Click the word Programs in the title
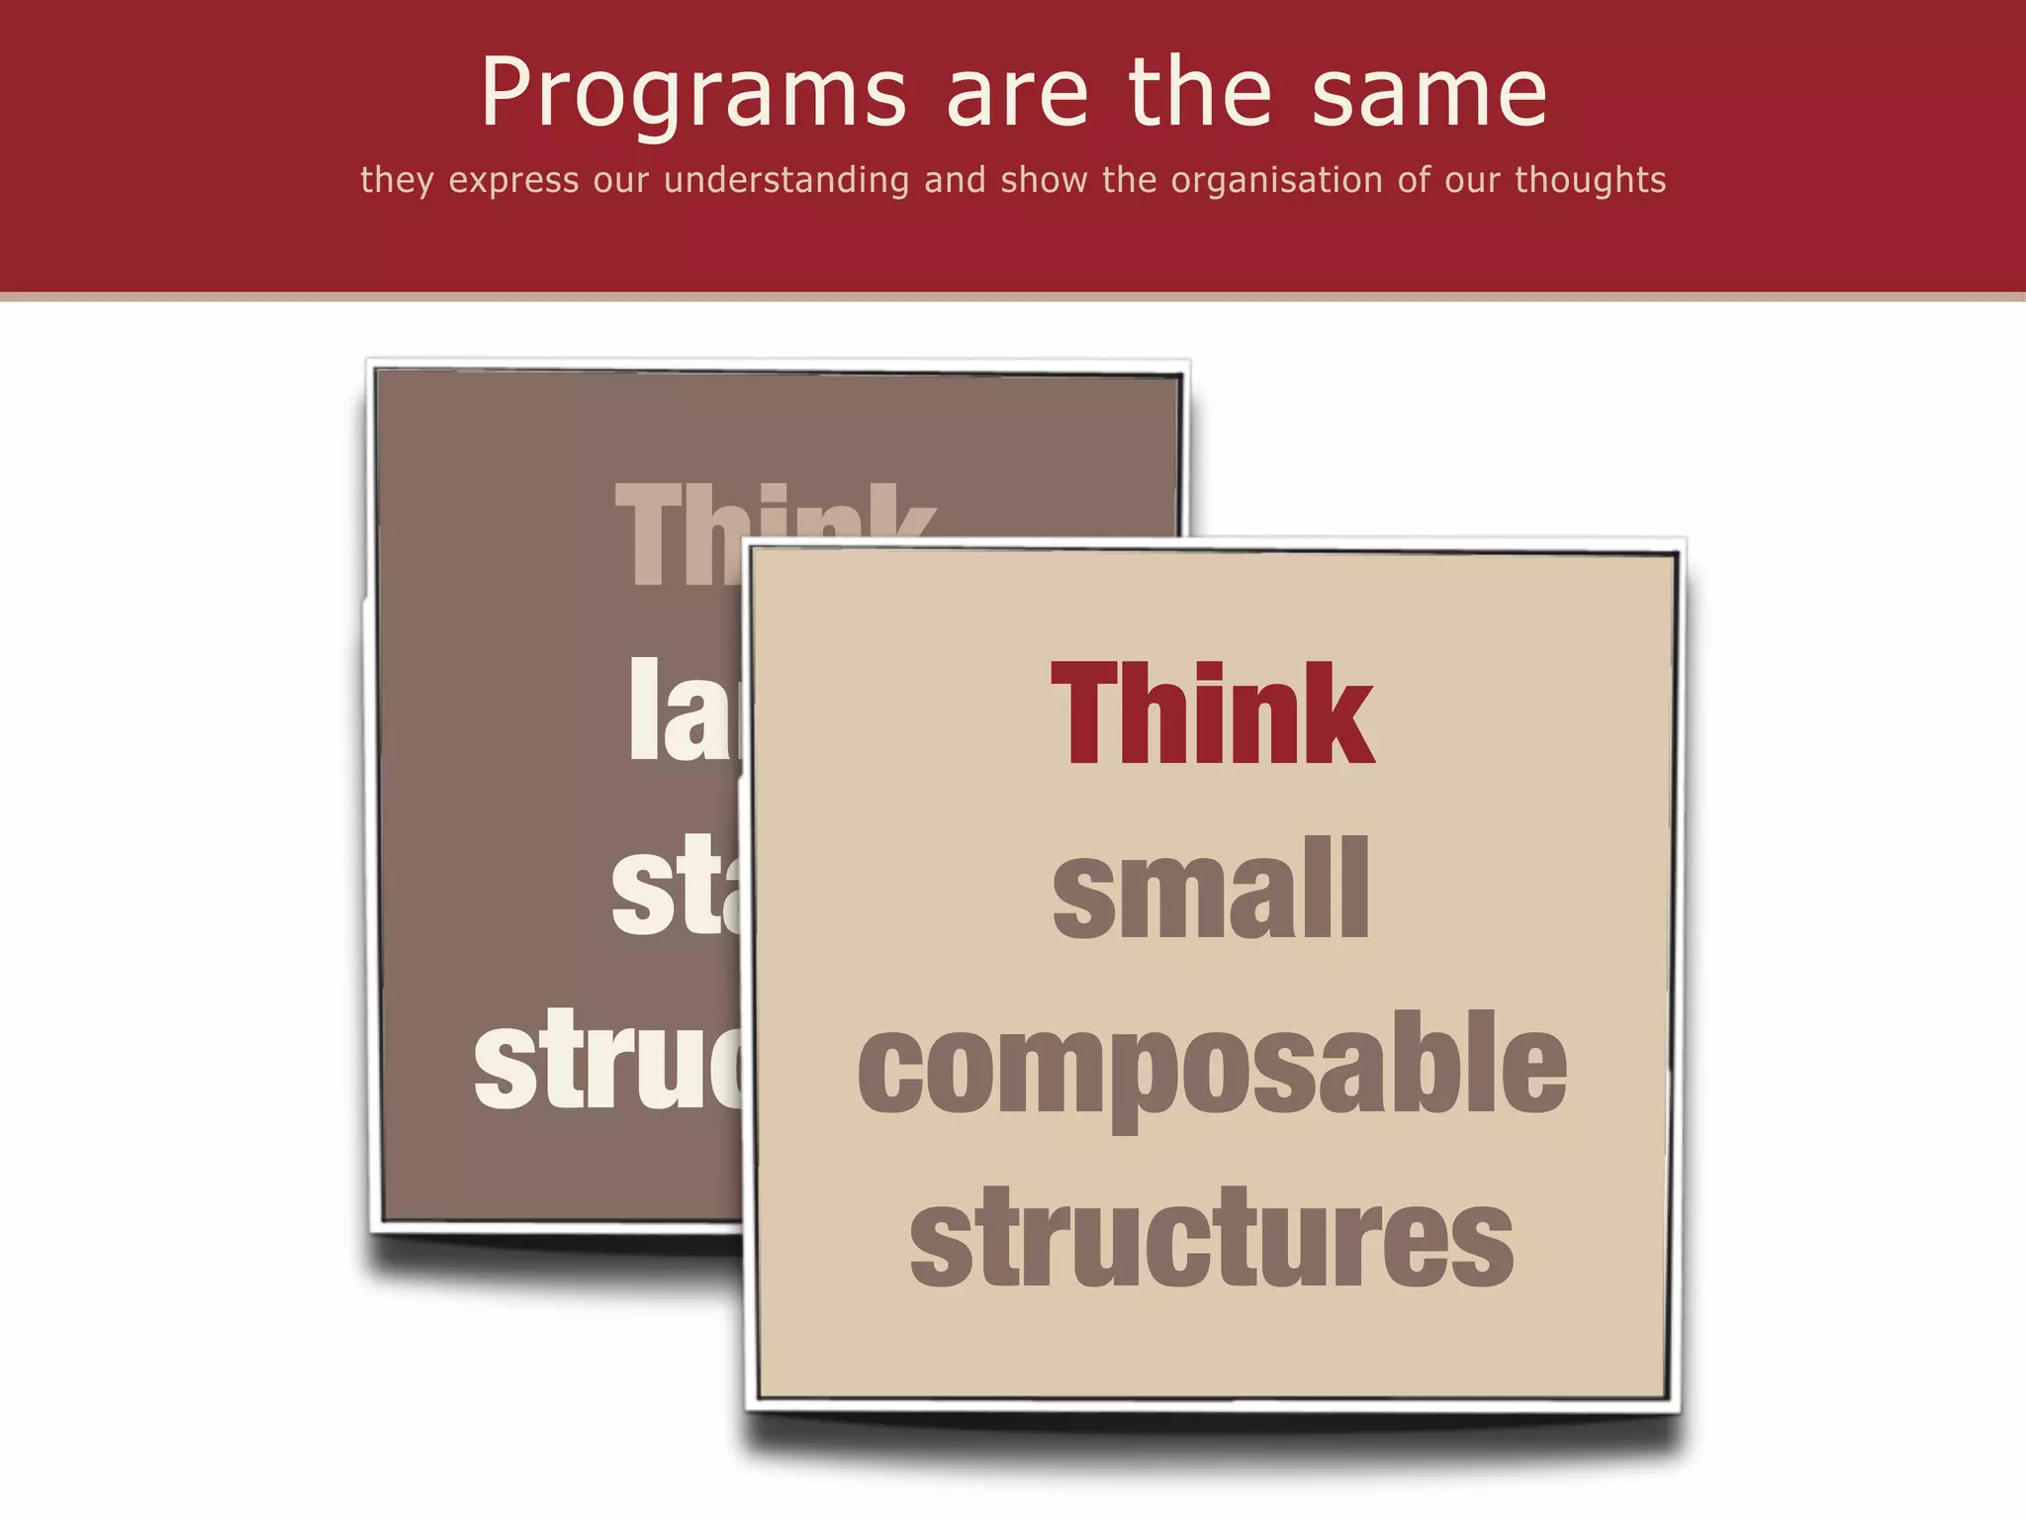click(693, 94)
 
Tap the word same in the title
click(1429, 94)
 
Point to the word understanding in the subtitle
click(785, 181)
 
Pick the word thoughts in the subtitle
click(1590, 181)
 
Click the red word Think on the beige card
click(1212, 714)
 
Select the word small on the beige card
click(1211, 889)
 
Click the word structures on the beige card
click(1212, 1239)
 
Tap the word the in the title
click(1200, 94)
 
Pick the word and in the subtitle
click(955, 181)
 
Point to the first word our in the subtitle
click(621, 181)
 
